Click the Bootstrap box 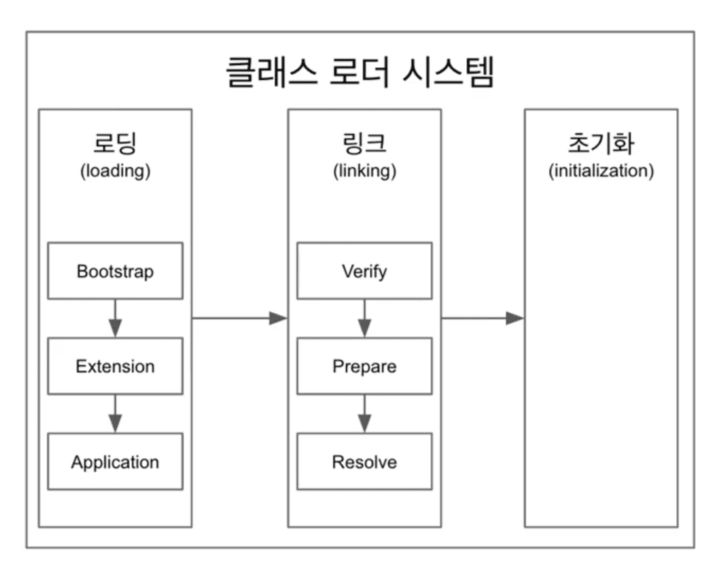[x=114, y=270]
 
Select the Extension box [x=114, y=366]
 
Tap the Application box [x=114, y=462]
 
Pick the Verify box [x=364, y=270]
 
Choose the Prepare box [x=364, y=366]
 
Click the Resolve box [x=364, y=462]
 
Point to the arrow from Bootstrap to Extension [x=115, y=318]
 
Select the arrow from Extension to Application [x=115, y=413]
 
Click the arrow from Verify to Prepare [x=365, y=318]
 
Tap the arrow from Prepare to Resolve [x=365, y=413]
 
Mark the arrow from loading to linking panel [x=239, y=318]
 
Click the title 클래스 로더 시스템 [x=360, y=73]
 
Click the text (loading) [x=114, y=171]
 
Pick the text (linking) [x=364, y=171]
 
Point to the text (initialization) [x=600, y=171]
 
